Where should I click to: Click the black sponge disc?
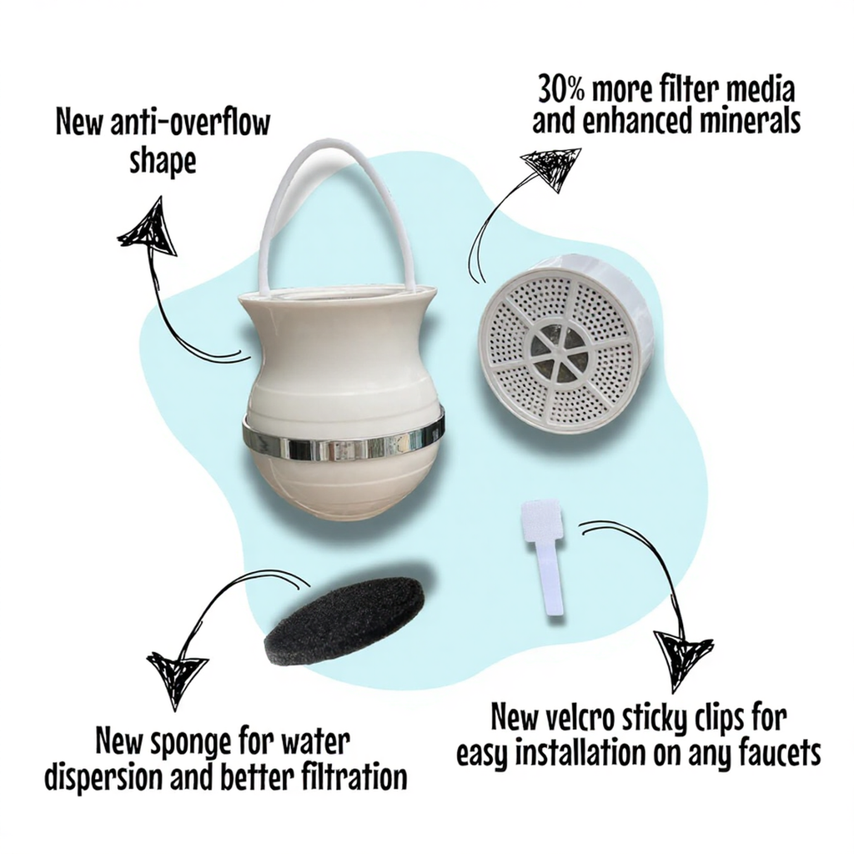pyautogui.click(x=344, y=620)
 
